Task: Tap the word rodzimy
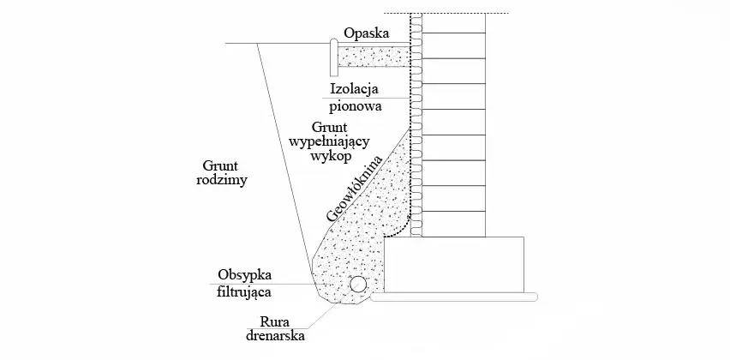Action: [221, 181]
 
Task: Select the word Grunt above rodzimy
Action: [221, 165]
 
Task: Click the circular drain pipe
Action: [357, 285]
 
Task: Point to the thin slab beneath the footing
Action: [454, 297]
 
